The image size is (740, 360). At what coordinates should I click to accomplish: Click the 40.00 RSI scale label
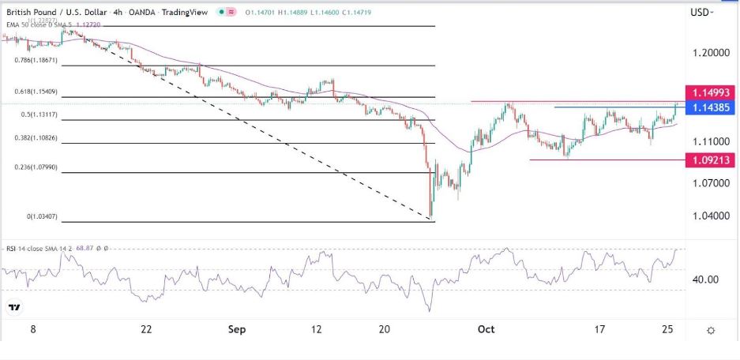(x=705, y=279)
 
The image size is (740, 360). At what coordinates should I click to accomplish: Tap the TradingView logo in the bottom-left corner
(x=14, y=307)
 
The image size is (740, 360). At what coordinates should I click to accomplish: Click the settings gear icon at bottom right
(x=712, y=330)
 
